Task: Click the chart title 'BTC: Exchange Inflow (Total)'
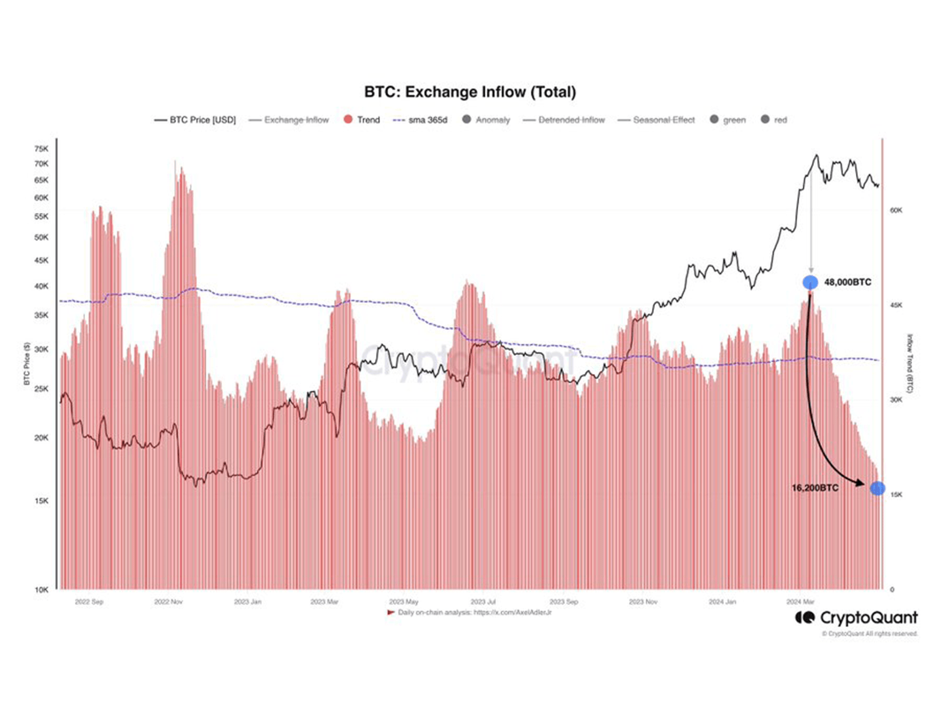[x=470, y=92]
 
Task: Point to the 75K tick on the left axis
[x=41, y=148]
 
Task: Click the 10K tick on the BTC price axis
[x=41, y=590]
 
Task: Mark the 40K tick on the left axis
[x=41, y=286]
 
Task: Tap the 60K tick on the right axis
[x=896, y=210]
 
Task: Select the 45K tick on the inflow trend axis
[x=896, y=305]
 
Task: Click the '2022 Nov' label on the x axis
[x=168, y=602]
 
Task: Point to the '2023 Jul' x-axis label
[x=483, y=602]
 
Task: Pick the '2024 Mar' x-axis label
[x=800, y=602]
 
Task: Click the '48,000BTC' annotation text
[x=847, y=282]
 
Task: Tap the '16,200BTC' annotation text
[x=815, y=488]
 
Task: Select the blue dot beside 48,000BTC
[x=810, y=282]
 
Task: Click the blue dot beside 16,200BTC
[x=877, y=488]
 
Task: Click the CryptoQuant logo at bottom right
[x=856, y=618]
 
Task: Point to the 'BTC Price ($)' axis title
[x=27, y=363]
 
